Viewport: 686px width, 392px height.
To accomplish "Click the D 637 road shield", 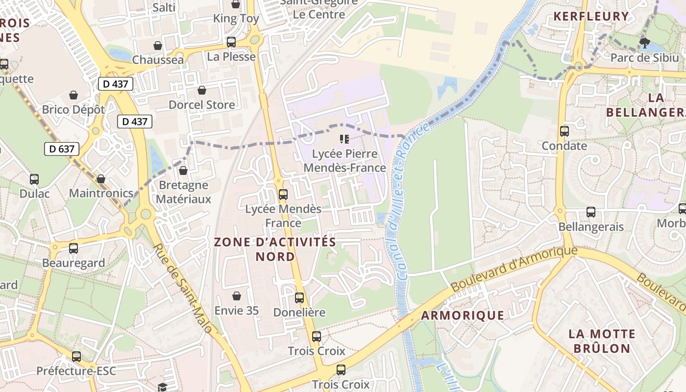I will [62, 148].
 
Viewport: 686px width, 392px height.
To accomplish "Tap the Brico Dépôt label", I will [73, 109].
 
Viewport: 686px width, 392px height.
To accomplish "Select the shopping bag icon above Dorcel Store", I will [201, 90].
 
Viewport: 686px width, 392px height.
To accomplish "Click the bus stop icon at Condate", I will [564, 131].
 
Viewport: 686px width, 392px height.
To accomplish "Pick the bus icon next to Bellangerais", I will [591, 212].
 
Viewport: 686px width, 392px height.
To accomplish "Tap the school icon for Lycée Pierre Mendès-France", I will [344, 139].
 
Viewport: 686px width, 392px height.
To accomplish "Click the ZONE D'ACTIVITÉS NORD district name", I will [275, 249].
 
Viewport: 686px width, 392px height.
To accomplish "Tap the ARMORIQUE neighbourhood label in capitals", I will [463, 315].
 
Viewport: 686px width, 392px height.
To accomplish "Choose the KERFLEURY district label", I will [591, 16].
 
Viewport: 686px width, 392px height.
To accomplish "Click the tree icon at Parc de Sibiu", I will [645, 43].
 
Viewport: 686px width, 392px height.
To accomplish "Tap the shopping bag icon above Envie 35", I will [237, 296].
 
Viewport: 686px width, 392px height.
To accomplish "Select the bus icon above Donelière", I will [299, 297].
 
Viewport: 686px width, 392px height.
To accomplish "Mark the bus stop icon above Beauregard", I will [73, 248].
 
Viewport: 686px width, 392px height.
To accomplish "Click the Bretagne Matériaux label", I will [184, 192].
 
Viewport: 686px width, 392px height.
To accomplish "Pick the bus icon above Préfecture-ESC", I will [76, 357].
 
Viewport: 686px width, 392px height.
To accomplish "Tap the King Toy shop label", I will [236, 19].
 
